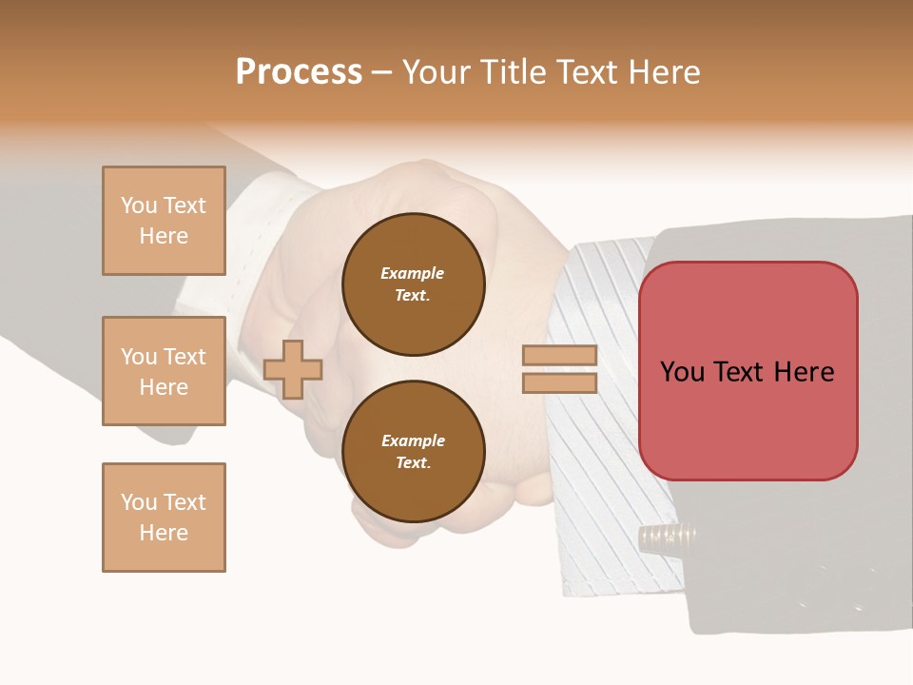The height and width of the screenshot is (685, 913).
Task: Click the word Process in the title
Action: pyautogui.click(x=299, y=72)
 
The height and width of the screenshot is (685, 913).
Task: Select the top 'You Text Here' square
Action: pyautogui.click(x=164, y=221)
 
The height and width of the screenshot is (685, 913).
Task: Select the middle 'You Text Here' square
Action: pyautogui.click(x=164, y=371)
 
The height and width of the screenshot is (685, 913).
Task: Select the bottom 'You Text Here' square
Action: pyautogui.click(x=164, y=518)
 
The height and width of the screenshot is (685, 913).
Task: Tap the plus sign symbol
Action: pyautogui.click(x=293, y=369)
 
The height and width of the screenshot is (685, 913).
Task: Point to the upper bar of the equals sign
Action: pyautogui.click(x=560, y=355)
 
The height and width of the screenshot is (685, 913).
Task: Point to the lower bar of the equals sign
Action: pyautogui.click(x=560, y=382)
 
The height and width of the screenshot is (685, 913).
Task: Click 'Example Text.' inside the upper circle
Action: pyautogui.click(x=413, y=284)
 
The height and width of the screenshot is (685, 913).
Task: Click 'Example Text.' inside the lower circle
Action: pyautogui.click(x=413, y=452)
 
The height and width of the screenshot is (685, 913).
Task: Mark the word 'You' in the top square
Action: pyautogui.click(x=139, y=205)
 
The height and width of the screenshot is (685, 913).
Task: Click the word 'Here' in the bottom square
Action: pyautogui.click(x=164, y=533)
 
